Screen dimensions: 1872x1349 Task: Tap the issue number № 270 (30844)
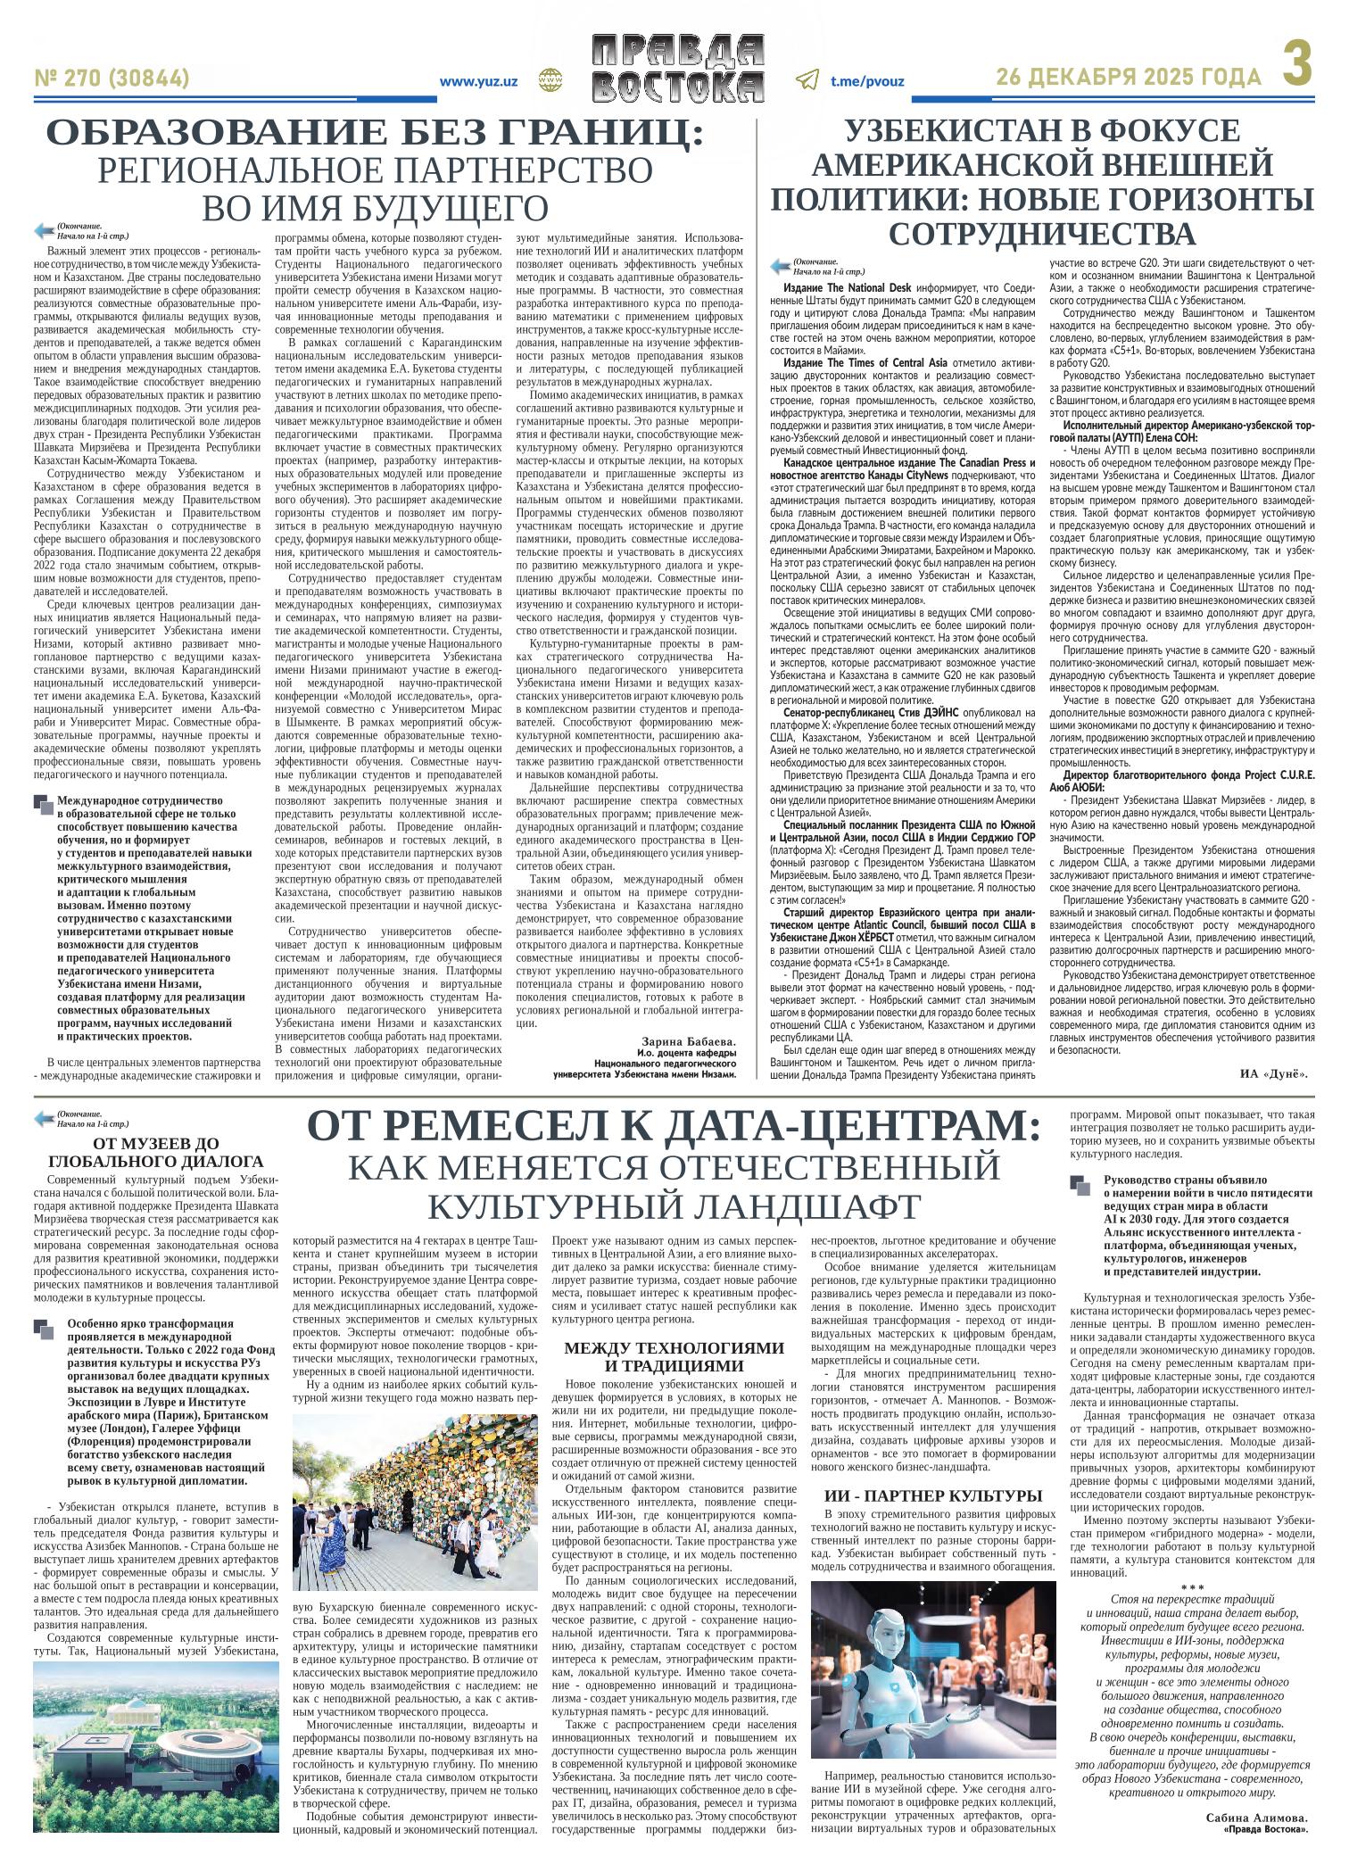112,79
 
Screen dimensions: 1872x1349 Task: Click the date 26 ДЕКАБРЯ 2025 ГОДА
1129,79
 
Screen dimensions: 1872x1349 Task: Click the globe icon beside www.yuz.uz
547,80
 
